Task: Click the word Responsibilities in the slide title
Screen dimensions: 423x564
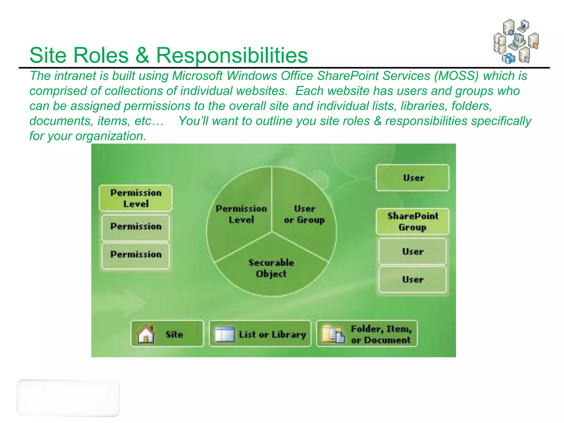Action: (232, 55)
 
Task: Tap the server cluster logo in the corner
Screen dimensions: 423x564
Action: (516, 41)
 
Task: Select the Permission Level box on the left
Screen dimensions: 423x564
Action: (136, 198)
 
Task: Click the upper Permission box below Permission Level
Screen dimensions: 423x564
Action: (136, 227)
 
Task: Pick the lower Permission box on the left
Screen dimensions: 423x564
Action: (136, 255)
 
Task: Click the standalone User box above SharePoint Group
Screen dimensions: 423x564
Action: (413, 178)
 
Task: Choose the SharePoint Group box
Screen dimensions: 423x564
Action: (413, 221)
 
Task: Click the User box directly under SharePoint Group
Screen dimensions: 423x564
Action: (413, 251)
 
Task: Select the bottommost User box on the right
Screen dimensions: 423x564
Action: (413, 280)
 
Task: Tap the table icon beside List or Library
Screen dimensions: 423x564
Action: (224, 334)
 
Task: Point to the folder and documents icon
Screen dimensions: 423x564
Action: (333, 334)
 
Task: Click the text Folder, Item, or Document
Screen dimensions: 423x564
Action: (381, 334)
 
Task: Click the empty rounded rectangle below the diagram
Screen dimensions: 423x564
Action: (68, 398)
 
